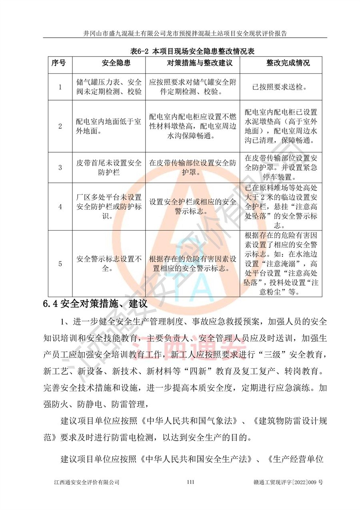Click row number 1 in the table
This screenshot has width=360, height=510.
[x=60, y=87]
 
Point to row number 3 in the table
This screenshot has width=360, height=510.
[x=60, y=167]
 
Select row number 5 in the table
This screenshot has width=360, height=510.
[x=60, y=263]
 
